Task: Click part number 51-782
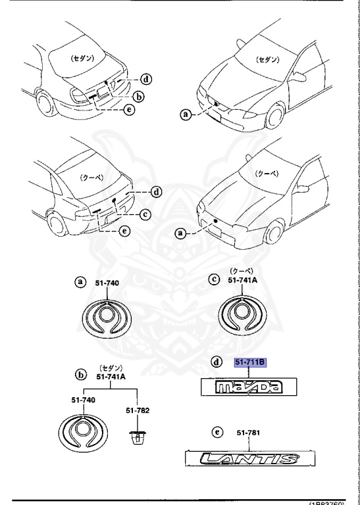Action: tap(138, 410)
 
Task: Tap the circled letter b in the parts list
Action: tap(81, 375)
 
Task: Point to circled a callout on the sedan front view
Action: tap(186, 114)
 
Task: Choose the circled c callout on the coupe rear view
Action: tap(146, 212)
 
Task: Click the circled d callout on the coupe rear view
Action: tap(156, 192)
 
